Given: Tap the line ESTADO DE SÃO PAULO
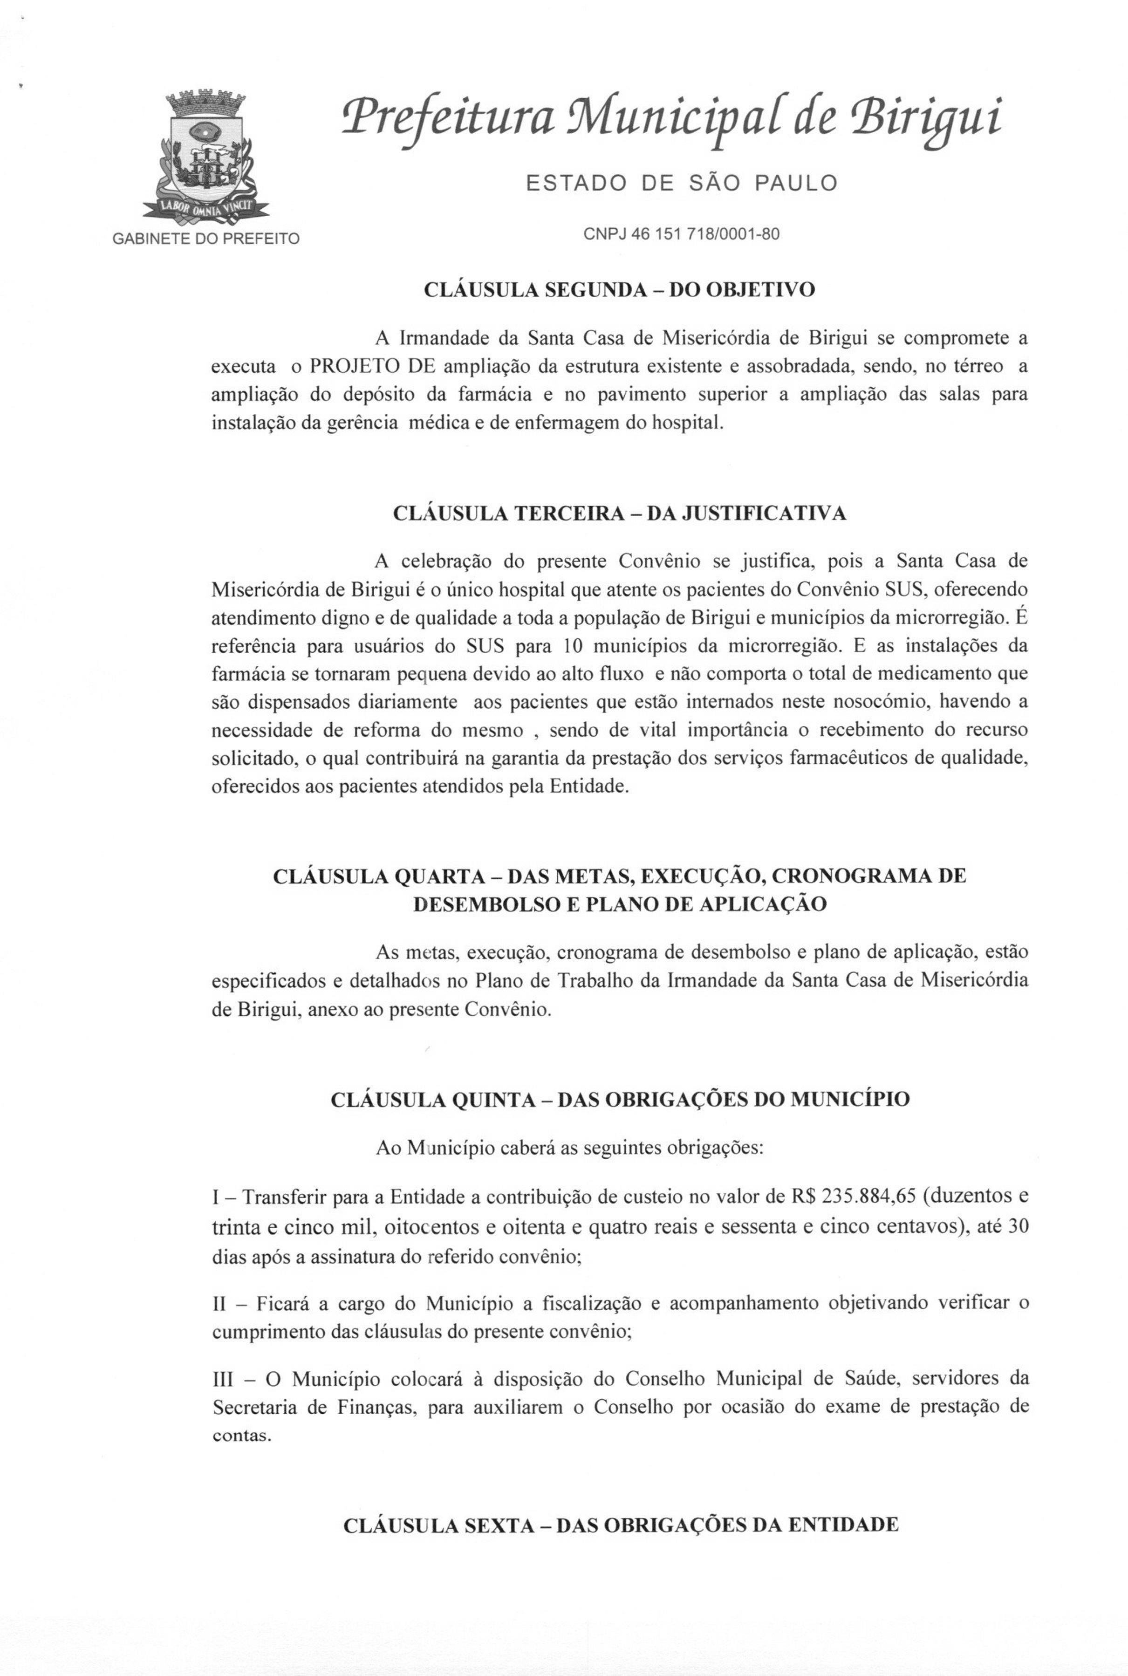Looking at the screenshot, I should pyautogui.click(x=681, y=184).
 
